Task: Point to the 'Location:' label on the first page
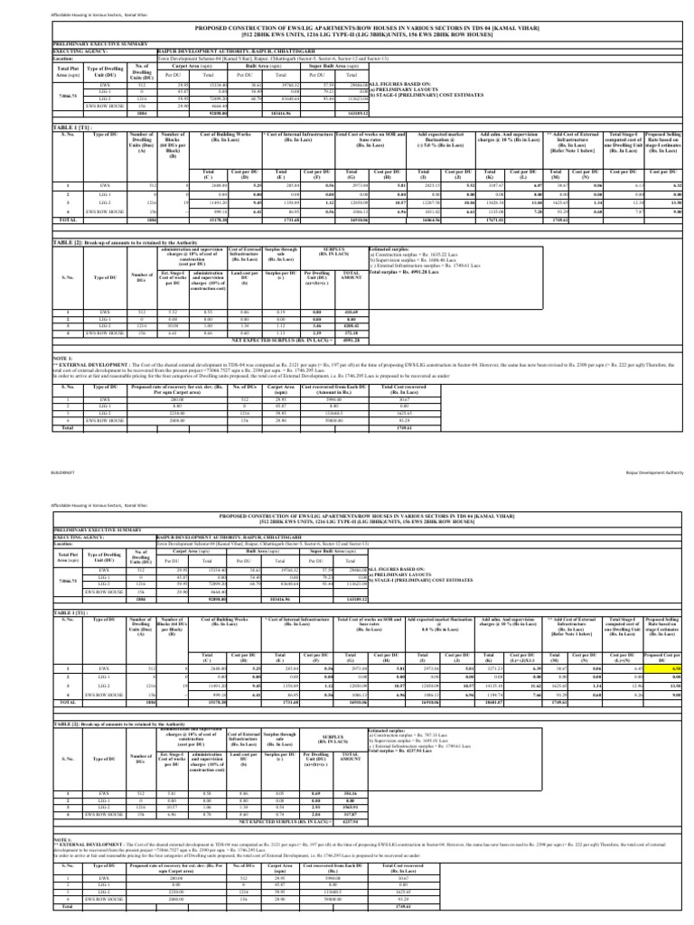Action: [39, 59]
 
